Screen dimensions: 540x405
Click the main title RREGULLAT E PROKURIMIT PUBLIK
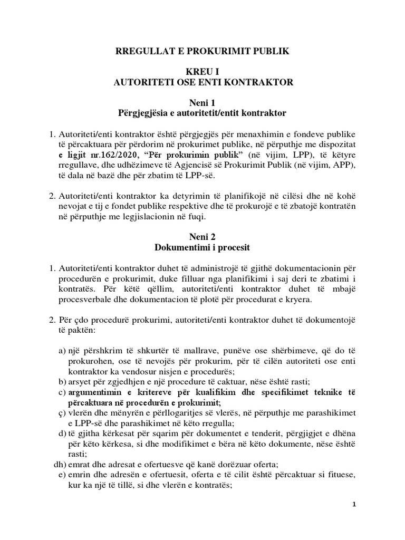202,51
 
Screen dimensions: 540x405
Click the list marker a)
62,351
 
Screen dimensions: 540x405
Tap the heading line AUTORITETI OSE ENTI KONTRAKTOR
202,82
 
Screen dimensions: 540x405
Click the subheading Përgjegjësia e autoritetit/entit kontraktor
202,113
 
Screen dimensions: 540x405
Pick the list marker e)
62,474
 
